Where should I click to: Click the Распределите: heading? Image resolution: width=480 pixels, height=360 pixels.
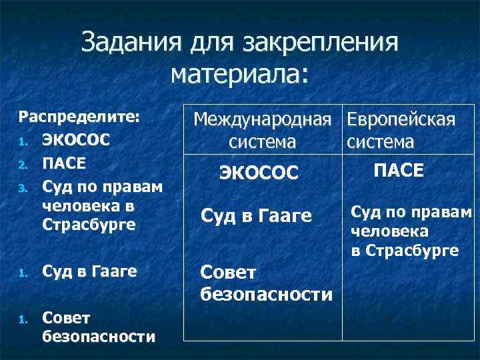(x=79, y=117)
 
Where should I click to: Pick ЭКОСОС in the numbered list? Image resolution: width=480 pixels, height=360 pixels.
(x=75, y=141)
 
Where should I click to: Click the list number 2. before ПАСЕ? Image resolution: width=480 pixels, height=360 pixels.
(x=21, y=164)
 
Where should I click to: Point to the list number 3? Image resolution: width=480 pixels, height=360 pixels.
(x=21, y=187)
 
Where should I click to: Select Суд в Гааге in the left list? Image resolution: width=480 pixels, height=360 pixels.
(x=89, y=271)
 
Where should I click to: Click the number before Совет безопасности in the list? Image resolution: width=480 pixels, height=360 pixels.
(x=21, y=319)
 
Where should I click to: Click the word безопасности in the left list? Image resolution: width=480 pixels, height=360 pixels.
(x=99, y=337)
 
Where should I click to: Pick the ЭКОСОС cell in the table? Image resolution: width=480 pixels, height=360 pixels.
(x=259, y=173)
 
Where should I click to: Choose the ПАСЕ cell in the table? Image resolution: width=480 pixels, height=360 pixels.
(x=399, y=171)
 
